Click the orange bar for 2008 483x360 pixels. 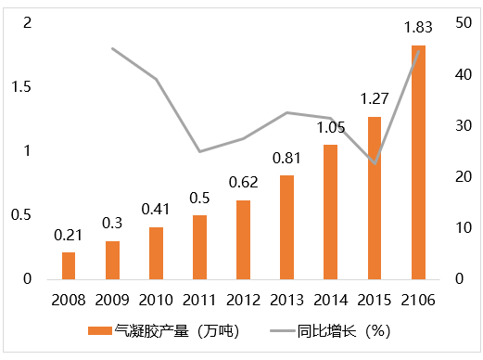[x=69, y=265]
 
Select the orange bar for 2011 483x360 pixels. [x=199, y=247]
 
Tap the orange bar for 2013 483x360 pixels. [x=286, y=226]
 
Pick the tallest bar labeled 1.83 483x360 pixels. [x=418, y=161]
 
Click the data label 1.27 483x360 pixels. [x=375, y=99]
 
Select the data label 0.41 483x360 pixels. [x=156, y=210]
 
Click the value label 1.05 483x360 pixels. [x=331, y=127]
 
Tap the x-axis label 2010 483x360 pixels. [x=156, y=300]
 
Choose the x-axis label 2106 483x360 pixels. [x=418, y=300]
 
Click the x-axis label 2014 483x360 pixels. [x=331, y=300]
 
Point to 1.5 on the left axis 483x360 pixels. [x=21, y=86]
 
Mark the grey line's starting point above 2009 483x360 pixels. [x=112, y=48]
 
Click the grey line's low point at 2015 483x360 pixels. [x=375, y=163]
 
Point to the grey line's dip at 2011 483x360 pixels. [x=199, y=151]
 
